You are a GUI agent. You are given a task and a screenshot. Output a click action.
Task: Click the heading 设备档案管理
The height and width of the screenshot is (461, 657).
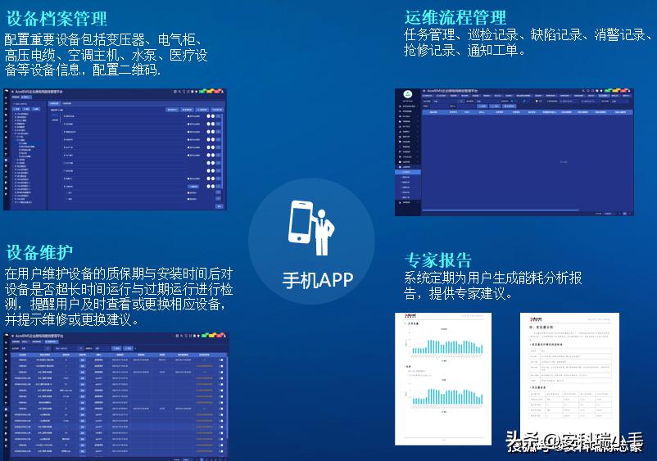pos(57,18)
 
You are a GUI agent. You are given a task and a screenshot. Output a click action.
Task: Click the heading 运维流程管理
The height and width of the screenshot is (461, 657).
pos(455,16)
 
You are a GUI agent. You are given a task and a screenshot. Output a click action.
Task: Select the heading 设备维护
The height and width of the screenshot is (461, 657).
pos(39,251)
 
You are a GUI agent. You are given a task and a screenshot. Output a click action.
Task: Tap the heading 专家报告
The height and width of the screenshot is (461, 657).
pos(438,260)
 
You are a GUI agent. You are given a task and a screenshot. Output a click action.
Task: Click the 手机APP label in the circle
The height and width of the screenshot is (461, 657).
pos(318,280)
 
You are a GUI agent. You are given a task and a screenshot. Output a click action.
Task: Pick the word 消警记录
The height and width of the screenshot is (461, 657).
pos(621,34)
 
